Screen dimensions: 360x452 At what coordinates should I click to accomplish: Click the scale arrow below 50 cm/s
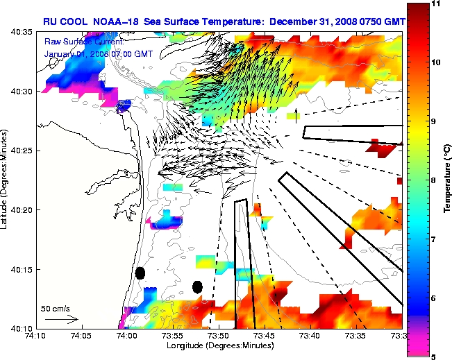point(62,319)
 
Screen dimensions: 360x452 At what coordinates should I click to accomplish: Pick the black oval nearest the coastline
point(140,273)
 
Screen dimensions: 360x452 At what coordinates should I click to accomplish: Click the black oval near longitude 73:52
point(197,286)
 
